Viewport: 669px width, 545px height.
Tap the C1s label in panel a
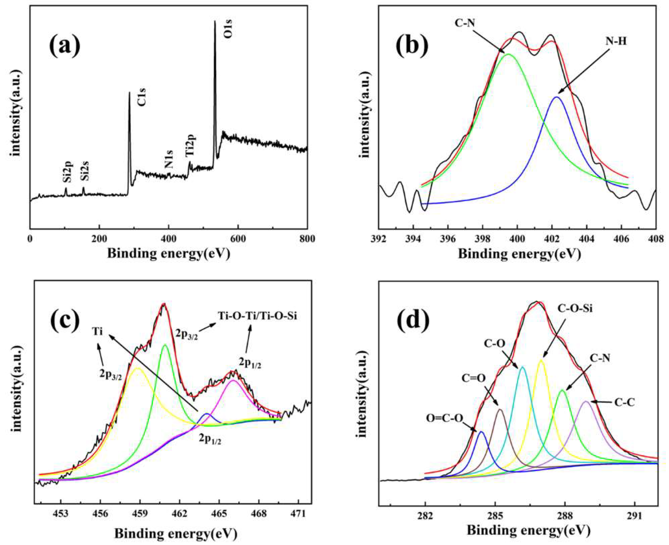(142, 97)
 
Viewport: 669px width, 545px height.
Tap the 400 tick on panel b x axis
(517, 239)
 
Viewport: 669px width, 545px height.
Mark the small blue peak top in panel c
(207, 414)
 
